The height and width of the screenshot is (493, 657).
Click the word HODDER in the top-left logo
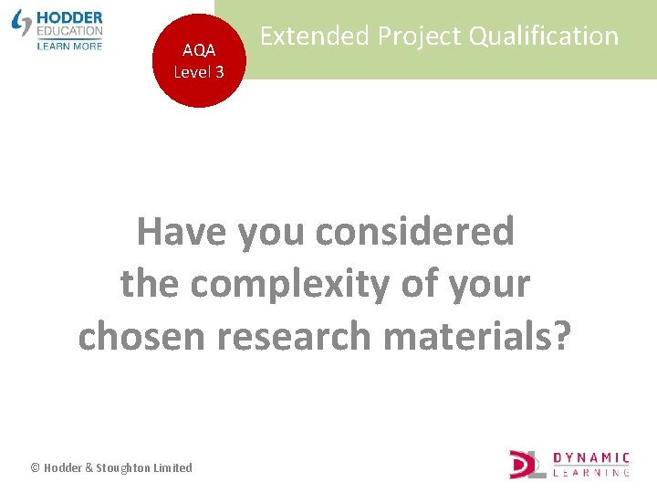70,17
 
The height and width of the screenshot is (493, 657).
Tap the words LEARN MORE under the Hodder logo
69,45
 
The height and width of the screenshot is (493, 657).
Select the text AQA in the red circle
199,51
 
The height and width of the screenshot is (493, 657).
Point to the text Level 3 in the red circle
199,72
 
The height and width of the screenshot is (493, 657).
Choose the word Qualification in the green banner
546,37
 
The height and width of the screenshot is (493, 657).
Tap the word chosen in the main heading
141,336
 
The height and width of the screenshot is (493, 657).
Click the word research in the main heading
294,336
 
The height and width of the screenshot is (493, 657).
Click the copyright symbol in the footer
36,467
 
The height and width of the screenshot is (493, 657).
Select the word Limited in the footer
173,467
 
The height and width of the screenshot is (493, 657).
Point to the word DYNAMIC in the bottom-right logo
592,457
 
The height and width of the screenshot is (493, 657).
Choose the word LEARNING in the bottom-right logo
592,473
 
